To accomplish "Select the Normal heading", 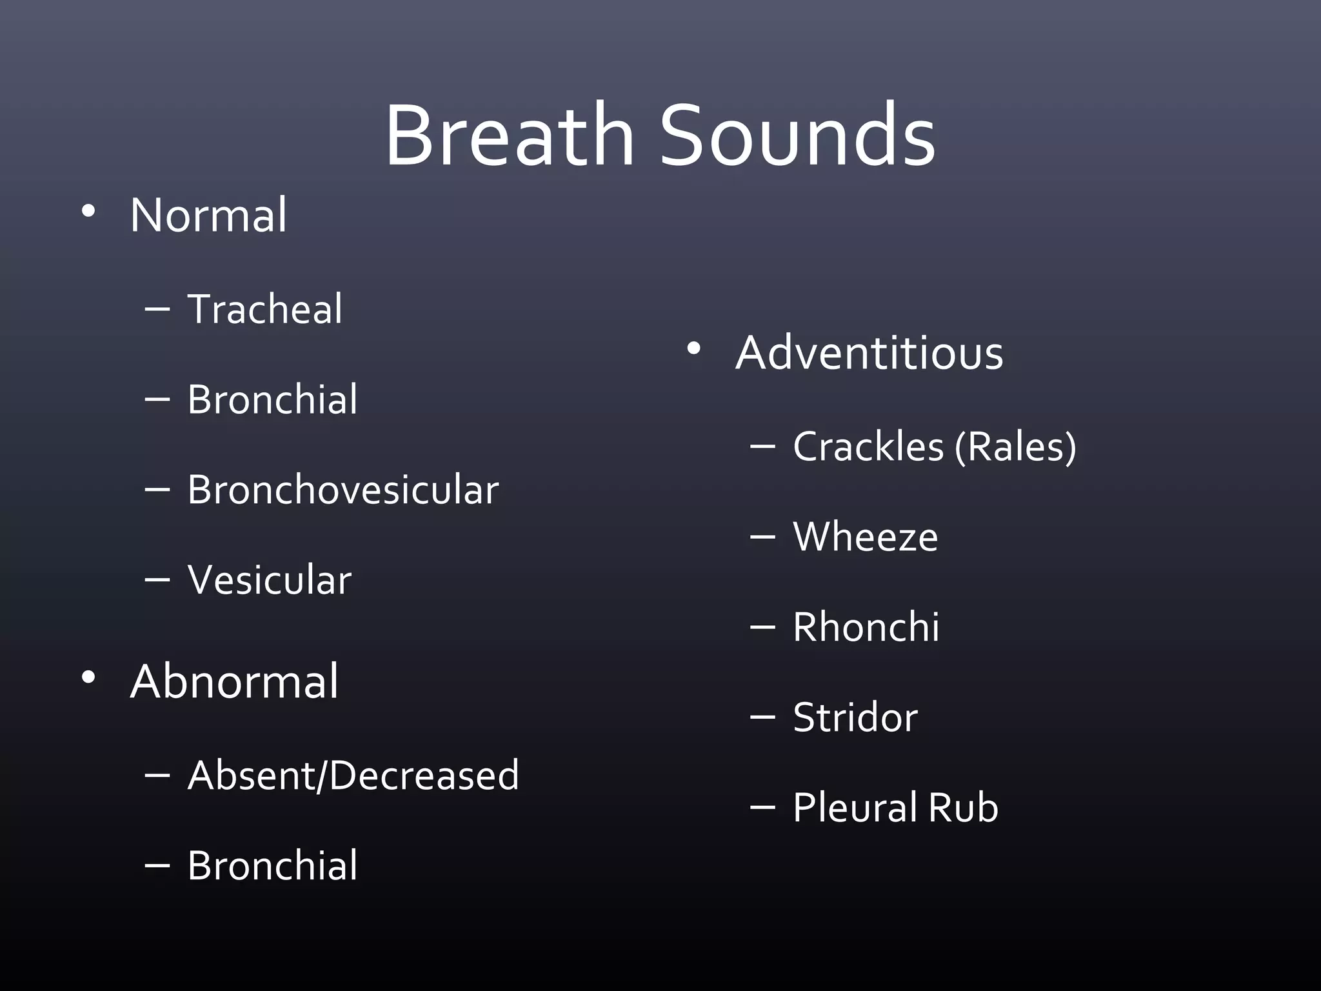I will click(208, 215).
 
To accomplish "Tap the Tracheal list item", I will click(264, 309).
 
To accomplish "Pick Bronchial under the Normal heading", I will click(272, 399).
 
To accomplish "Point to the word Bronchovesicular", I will click(343, 490).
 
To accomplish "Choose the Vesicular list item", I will click(270, 580).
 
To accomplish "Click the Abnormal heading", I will click(233, 681).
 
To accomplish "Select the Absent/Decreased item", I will click(353, 775).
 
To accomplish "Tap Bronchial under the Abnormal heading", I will click(272, 865).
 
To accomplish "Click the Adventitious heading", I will click(869, 353).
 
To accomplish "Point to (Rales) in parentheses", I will click(1015, 446).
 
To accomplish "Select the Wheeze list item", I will click(865, 537).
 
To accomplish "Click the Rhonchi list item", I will click(866, 627).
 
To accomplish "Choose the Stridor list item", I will click(855, 717).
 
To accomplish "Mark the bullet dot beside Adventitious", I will click(693, 349).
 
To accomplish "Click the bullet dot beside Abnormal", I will click(88, 677).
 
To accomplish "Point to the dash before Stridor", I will click(762, 717).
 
